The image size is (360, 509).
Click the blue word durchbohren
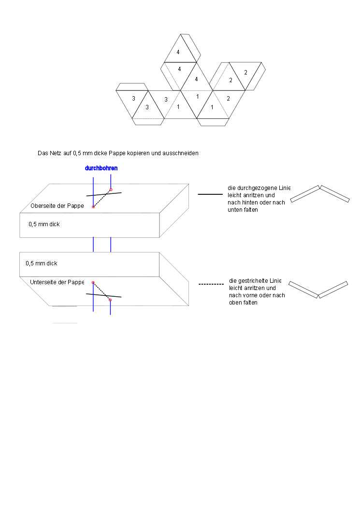(101, 168)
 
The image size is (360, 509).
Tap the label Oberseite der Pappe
(57, 205)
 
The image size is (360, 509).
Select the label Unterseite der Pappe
(57, 282)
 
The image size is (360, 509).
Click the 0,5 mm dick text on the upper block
(44, 224)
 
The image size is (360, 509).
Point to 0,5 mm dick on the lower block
(41, 263)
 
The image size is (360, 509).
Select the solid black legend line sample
(210, 194)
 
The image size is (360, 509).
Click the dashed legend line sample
(211, 284)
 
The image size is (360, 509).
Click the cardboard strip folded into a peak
(319, 193)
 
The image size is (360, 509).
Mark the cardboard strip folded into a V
(318, 290)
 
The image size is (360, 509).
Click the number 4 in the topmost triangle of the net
(178, 52)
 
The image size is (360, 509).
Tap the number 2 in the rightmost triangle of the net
(245, 73)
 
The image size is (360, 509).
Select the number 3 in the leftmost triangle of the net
(133, 99)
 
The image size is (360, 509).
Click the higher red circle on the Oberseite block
(111, 190)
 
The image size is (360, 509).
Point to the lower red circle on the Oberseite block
(93, 206)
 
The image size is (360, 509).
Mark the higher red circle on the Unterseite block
(93, 283)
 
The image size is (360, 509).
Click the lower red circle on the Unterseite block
(110, 300)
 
